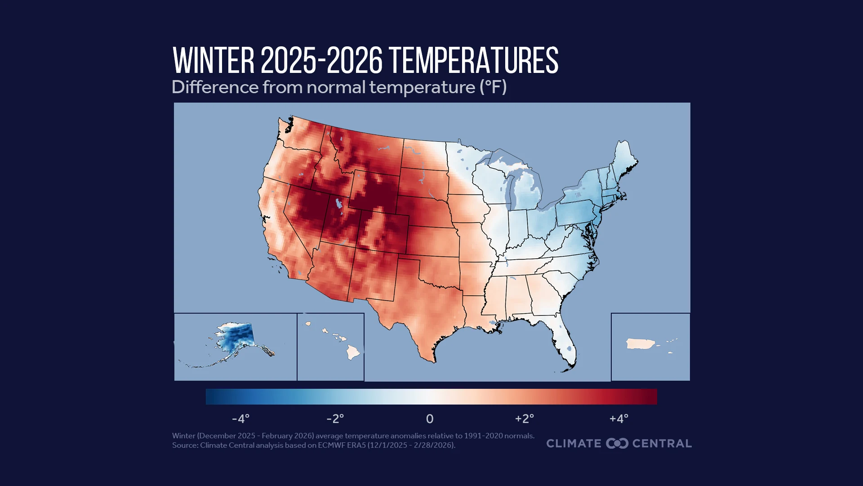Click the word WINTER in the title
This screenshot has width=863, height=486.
coord(214,61)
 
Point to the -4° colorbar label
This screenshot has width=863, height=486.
coord(240,419)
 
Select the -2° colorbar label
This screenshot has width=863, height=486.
coord(335,419)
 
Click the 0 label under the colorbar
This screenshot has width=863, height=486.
coord(430,419)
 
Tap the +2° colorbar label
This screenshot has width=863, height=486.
coord(524,419)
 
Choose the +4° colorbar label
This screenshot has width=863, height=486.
coord(618,419)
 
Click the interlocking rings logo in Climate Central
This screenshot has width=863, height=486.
coord(617,443)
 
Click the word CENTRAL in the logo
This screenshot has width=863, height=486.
coord(662,443)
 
